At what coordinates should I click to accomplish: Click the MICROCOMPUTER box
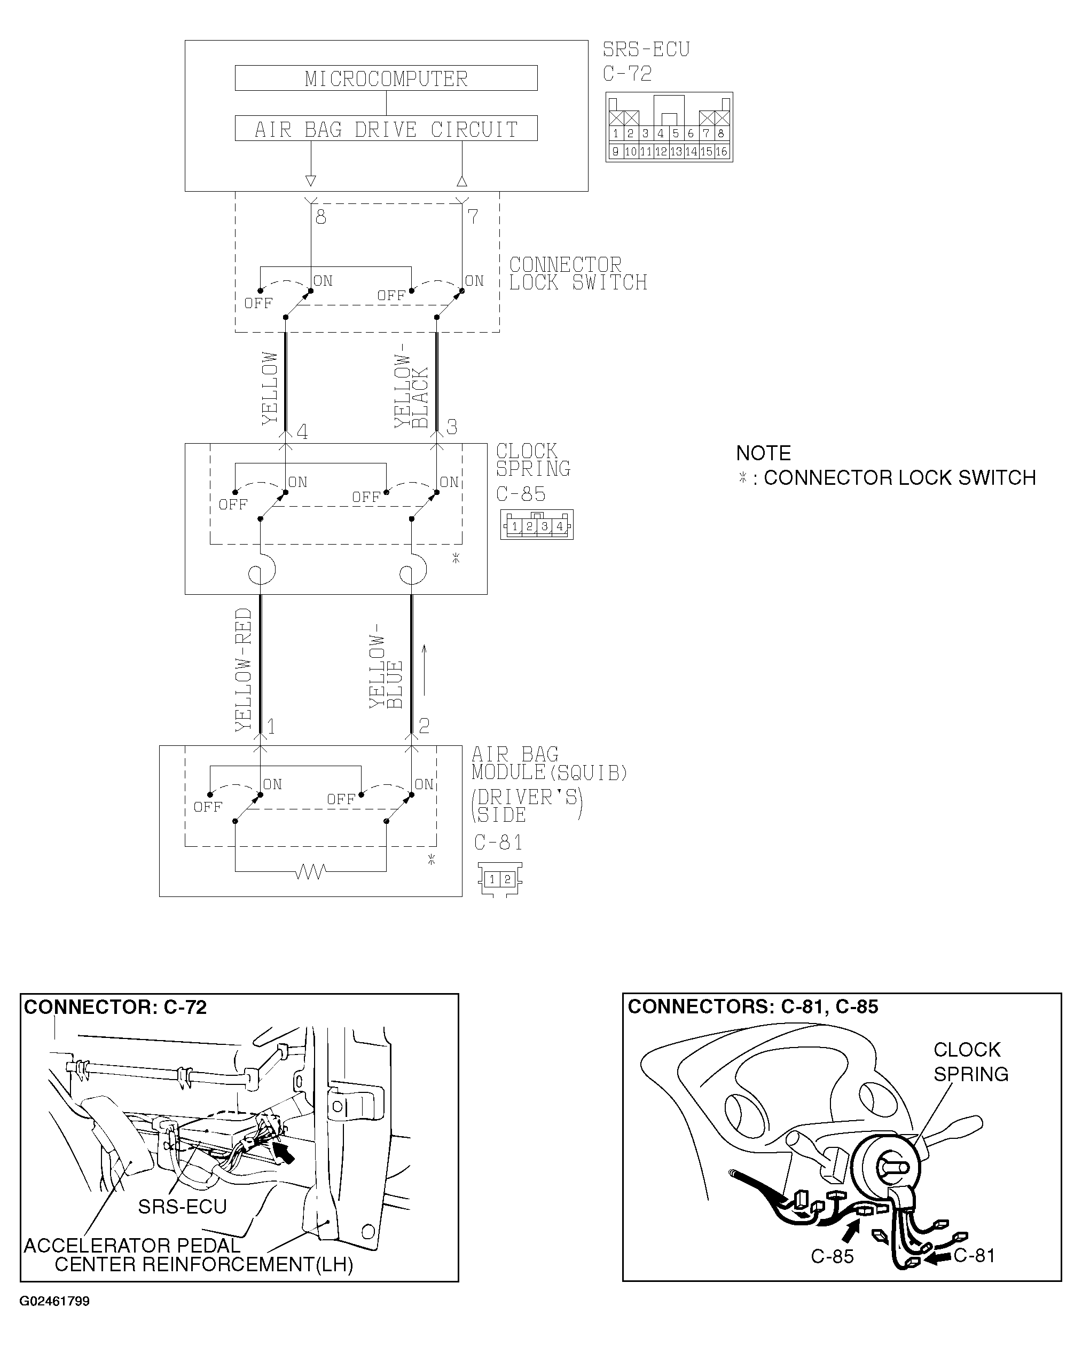pos(386,78)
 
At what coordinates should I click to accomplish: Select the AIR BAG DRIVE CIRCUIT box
pos(386,129)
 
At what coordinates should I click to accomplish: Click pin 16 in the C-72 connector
pos(721,152)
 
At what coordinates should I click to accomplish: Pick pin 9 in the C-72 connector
pos(616,152)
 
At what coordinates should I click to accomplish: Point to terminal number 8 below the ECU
pos(321,217)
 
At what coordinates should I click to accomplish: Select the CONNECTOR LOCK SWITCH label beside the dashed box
pos(577,274)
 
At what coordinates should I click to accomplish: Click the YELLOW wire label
pos(270,388)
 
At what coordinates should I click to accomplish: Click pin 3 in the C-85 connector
pos(544,526)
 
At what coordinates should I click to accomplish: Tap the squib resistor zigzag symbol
pos(310,871)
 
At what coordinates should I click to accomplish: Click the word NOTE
pos(763,453)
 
